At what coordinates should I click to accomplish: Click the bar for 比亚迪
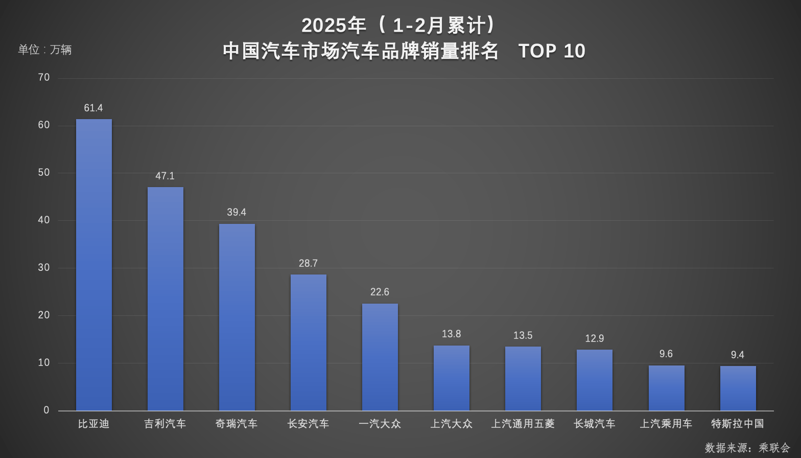pos(94,265)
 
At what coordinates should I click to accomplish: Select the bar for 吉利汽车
pos(166,299)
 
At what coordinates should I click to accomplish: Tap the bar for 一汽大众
pos(380,357)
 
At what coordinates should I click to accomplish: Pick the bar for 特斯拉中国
pos(738,388)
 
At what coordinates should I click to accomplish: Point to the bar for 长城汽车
pos(595,380)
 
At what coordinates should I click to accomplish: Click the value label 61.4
pos(93,108)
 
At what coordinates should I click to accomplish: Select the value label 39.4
pos(237,212)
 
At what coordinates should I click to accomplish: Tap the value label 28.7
pos(308,263)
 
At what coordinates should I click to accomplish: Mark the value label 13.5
pos(523,335)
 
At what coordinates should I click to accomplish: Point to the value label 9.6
pos(666,354)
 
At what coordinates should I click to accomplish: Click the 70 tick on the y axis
pos(44,77)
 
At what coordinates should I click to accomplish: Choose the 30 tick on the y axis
pos(44,267)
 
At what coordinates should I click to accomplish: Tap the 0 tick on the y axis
pos(46,410)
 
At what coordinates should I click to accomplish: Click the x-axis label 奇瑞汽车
pos(237,424)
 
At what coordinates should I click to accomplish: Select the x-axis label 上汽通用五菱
pos(523,424)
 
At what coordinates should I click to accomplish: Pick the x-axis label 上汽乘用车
pos(666,424)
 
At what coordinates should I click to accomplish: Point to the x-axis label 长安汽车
pos(308,424)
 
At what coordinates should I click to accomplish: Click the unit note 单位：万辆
pos(45,50)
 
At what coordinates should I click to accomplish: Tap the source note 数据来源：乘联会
pos(747,448)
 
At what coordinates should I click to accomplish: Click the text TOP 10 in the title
pos(552,51)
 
